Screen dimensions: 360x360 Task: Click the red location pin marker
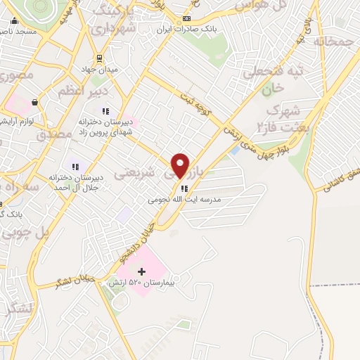point(181,165)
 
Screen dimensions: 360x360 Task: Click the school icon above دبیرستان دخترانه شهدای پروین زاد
point(105,110)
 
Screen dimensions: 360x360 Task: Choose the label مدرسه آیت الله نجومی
point(184,200)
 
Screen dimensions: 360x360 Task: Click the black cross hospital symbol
point(141,271)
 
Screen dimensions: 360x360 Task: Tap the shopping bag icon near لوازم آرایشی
point(34,102)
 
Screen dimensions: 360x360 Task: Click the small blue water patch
point(234,150)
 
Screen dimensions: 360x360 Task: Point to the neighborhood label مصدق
point(54,134)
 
